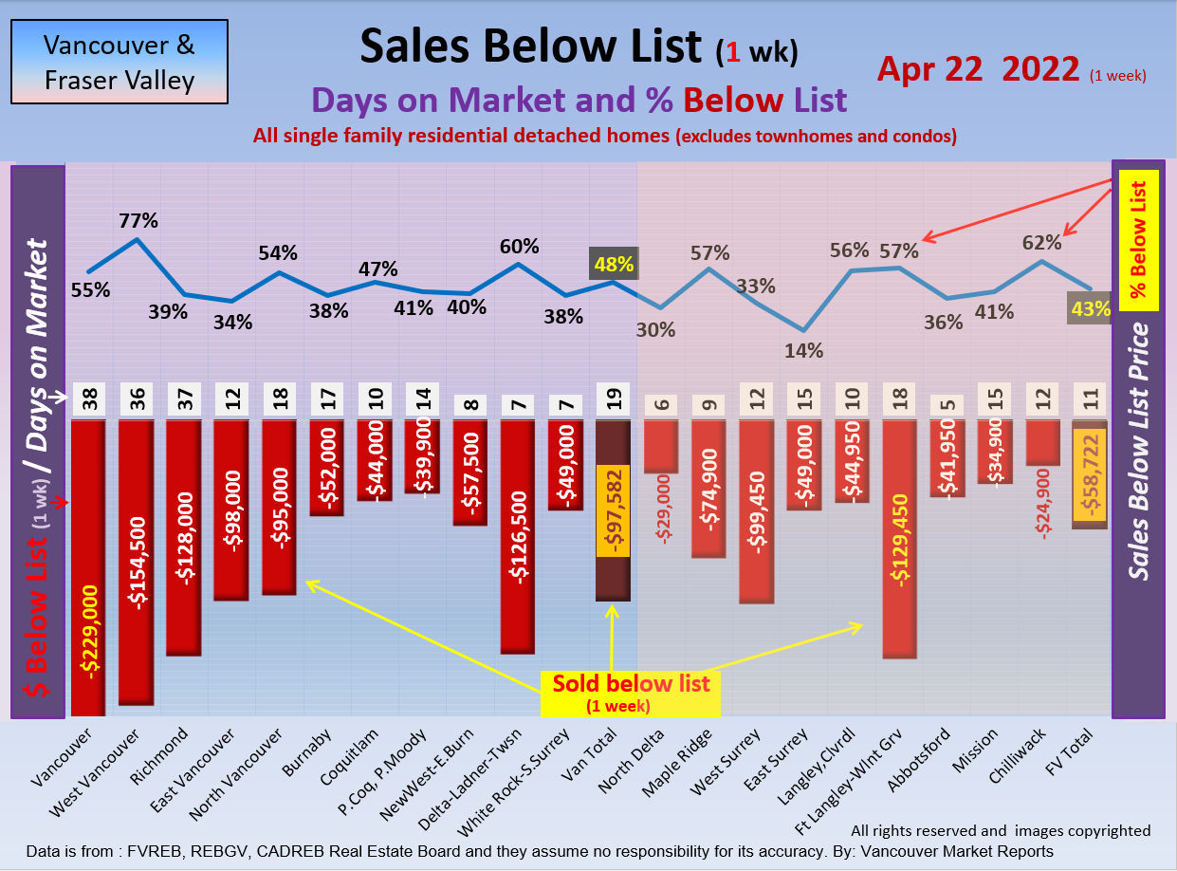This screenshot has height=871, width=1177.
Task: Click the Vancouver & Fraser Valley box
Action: (x=120, y=62)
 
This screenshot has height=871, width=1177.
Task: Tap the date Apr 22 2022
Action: (x=978, y=69)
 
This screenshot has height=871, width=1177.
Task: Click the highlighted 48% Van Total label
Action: (x=614, y=263)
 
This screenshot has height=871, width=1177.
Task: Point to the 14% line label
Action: (x=803, y=349)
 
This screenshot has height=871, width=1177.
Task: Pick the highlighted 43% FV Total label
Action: (x=1089, y=307)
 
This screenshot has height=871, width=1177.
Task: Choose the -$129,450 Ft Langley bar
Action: (x=899, y=538)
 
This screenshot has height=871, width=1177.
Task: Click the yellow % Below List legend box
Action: (x=1138, y=241)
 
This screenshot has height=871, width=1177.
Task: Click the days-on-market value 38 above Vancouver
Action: (x=89, y=402)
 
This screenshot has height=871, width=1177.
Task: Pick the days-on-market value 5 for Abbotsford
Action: (x=947, y=402)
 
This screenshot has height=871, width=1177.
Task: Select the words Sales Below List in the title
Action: (x=530, y=46)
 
